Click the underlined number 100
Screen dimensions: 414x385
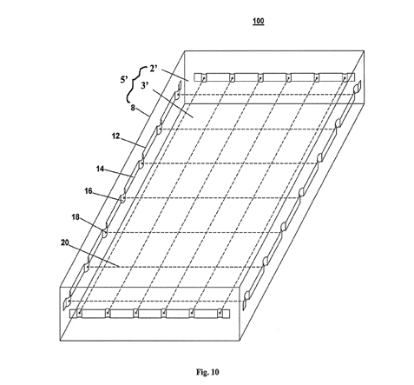(258, 21)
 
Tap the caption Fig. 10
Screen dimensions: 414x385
(207, 372)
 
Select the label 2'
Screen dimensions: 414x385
(154, 69)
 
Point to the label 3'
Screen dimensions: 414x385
(145, 86)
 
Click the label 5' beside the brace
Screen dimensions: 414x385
(124, 80)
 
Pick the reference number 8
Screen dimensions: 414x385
(133, 108)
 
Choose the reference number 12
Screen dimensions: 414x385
(115, 136)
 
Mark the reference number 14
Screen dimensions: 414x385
(100, 169)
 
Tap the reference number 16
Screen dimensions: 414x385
(89, 191)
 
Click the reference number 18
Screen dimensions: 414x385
(76, 216)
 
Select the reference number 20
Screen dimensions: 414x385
(65, 242)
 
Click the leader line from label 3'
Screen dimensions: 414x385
(173, 103)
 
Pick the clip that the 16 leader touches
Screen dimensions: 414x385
(123, 196)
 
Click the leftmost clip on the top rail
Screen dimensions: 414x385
(204, 77)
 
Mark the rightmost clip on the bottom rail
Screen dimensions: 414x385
(220, 314)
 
